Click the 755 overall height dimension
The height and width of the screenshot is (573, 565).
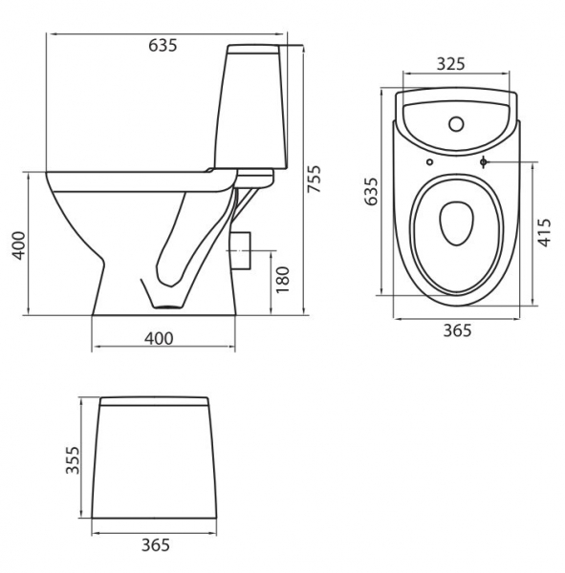(x=314, y=180)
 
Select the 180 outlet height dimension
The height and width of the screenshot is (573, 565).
(x=283, y=280)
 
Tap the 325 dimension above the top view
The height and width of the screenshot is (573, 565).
(x=451, y=64)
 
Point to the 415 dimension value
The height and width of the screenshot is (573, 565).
(x=545, y=233)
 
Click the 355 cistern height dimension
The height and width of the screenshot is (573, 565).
(x=73, y=460)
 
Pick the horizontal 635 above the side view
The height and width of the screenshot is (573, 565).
(x=163, y=45)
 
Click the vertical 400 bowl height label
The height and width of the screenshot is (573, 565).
(x=18, y=245)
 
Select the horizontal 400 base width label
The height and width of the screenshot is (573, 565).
(x=159, y=339)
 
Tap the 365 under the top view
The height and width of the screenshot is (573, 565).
(x=457, y=330)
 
